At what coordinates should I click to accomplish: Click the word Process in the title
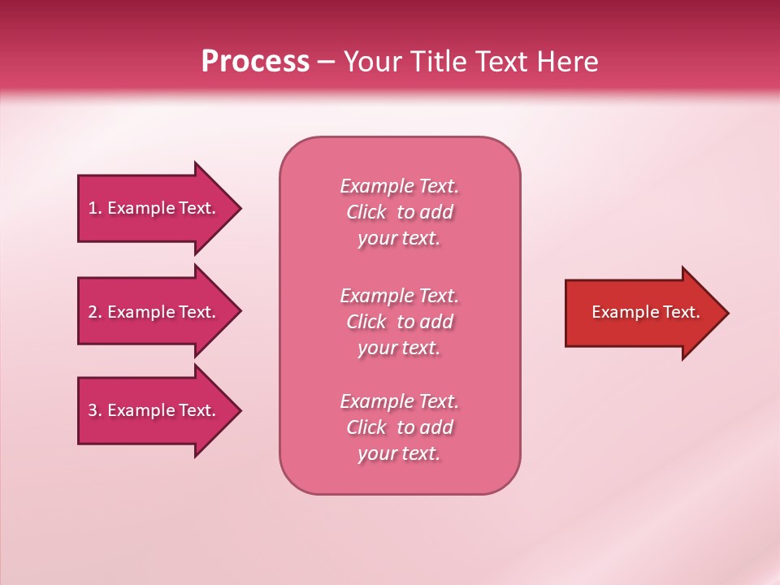coord(255,62)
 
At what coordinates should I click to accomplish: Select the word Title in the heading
coord(439,62)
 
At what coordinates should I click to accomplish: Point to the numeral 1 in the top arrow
coord(92,208)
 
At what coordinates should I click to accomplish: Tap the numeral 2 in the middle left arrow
coord(93,312)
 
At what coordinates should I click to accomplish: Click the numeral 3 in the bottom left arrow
coord(93,410)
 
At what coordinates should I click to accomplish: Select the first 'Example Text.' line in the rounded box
coord(399,186)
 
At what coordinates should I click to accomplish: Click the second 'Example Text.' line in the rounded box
coord(399,296)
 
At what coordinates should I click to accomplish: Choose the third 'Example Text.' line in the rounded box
coord(399,401)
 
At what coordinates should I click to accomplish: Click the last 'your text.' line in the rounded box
coord(399,453)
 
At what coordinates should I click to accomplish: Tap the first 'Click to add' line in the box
coord(399,212)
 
